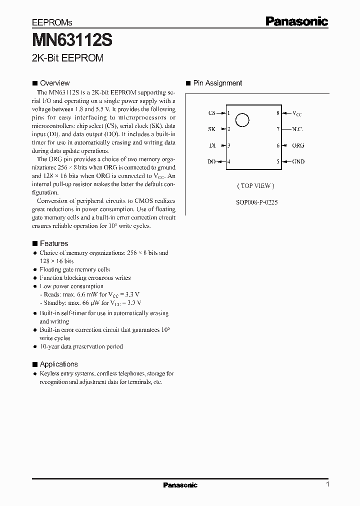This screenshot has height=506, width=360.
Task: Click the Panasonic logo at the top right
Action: click(296, 21)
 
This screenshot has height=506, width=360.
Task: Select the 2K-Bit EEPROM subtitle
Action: click(67, 58)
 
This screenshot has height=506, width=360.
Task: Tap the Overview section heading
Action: click(54, 83)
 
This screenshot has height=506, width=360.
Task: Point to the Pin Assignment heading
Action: click(217, 83)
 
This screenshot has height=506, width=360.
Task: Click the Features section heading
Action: click(53, 243)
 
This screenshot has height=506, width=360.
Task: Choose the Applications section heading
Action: click(58, 364)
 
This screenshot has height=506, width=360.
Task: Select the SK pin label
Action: click(211, 129)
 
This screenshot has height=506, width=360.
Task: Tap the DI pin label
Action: click(212, 145)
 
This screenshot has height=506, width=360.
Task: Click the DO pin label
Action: click(211, 161)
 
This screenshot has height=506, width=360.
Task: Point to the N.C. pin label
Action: click(297, 129)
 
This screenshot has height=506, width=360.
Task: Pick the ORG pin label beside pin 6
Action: click(298, 145)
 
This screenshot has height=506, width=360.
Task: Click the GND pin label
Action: click(298, 161)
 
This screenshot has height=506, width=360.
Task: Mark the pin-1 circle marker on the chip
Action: click(242, 120)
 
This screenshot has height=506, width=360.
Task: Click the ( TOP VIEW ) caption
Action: click(256, 186)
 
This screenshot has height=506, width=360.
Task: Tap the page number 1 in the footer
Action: click(327, 484)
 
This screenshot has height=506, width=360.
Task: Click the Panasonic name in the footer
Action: click(180, 485)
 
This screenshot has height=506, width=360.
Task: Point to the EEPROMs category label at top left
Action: click(52, 23)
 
